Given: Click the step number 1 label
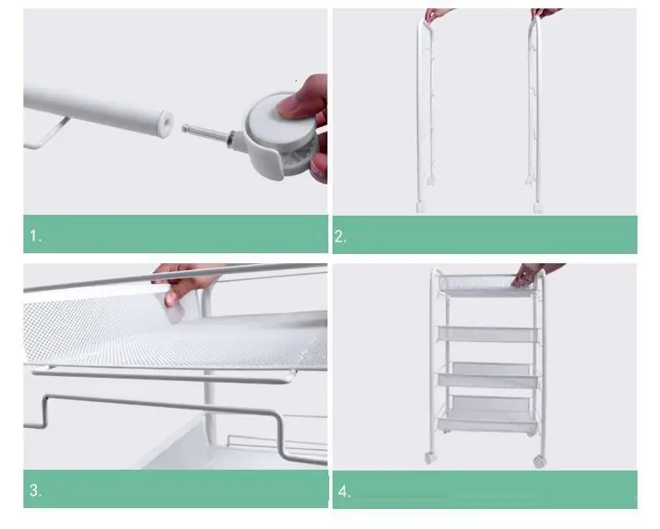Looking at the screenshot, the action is (35, 236).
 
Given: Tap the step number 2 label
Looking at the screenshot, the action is (340, 237).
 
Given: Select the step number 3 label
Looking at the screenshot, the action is (35, 491).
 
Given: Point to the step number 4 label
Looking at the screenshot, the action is (344, 491).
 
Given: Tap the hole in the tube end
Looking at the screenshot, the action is (167, 123).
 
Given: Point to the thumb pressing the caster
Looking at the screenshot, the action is (296, 103).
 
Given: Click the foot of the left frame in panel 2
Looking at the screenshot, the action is (420, 206).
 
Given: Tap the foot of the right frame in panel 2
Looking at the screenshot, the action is (537, 207).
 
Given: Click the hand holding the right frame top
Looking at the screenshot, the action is (546, 13).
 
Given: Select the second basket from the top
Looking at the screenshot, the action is (488, 334).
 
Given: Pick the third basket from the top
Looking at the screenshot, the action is (488, 374).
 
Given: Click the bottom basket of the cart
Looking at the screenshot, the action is (488, 415).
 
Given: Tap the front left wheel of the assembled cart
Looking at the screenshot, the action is (429, 457).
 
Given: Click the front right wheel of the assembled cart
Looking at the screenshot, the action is (539, 460).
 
